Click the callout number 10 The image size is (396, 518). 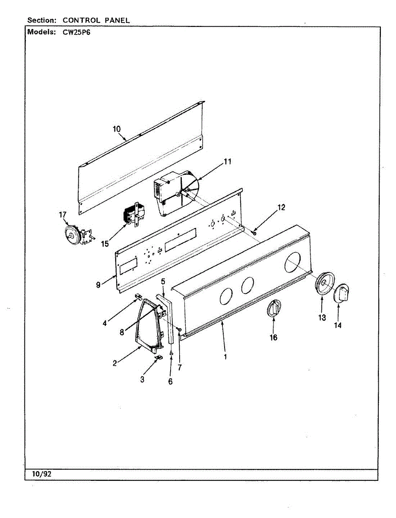click(117, 129)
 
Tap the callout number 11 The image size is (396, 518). click(227, 162)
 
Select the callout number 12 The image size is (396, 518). click(281, 207)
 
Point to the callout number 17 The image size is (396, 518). click(63, 215)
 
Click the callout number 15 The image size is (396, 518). click(105, 243)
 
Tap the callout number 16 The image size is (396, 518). click(273, 337)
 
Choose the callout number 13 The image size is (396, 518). click(322, 318)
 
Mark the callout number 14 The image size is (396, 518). click(338, 325)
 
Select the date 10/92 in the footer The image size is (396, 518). click(41, 474)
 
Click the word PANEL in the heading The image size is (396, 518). click(116, 20)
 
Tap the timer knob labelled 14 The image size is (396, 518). click(343, 294)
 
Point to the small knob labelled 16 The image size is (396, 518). click(273, 309)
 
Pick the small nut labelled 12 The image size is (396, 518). click(255, 234)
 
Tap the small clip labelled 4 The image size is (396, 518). click(139, 296)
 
